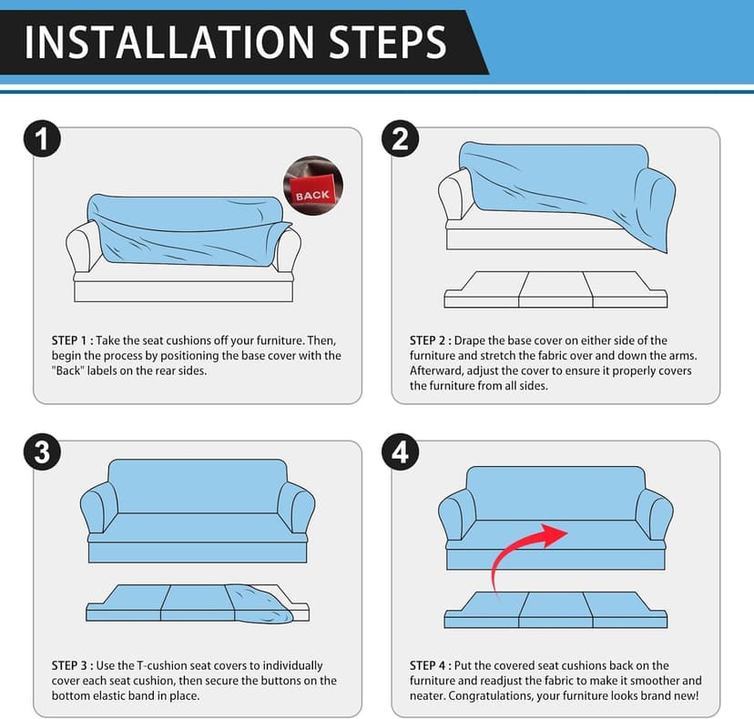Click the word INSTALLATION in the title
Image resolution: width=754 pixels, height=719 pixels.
click(x=169, y=43)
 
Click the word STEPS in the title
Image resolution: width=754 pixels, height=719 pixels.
click(x=388, y=43)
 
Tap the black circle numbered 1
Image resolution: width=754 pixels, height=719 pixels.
click(x=42, y=138)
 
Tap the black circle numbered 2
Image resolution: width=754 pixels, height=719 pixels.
click(x=400, y=138)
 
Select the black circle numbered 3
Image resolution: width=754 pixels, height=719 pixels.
click(x=42, y=452)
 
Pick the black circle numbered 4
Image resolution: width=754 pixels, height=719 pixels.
click(x=400, y=452)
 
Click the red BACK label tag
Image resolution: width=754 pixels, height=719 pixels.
click(x=311, y=191)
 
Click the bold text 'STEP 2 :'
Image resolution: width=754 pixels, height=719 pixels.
click(x=431, y=340)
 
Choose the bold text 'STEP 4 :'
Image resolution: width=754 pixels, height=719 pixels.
click(x=431, y=665)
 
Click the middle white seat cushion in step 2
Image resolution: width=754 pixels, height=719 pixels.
click(x=555, y=289)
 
